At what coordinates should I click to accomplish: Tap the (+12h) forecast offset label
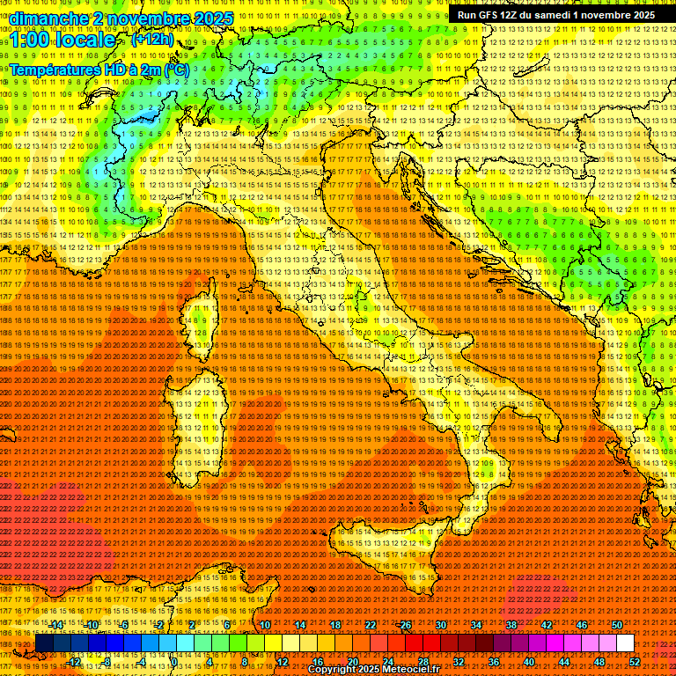(x=152, y=40)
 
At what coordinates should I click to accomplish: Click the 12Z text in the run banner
(x=511, y=15)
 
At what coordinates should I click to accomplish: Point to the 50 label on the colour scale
(x=617, y=625)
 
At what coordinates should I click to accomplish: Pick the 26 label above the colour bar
(x=406, y=625)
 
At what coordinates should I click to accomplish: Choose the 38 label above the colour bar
(x=511, y=625)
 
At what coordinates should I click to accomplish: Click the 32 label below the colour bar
(x=459, y=661)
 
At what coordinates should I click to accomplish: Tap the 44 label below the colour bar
(x=564, y=661)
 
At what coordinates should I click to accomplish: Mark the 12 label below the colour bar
(x=283, y=661)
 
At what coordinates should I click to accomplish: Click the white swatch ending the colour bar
(x=625, y=643)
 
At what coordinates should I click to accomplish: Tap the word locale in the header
(x=88, y=40)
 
